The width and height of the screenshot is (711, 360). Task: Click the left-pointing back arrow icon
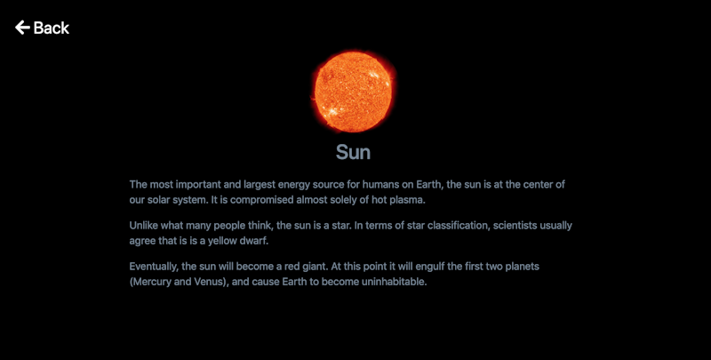[x=22, y=28]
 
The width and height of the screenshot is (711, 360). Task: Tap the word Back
[x=52, y=28]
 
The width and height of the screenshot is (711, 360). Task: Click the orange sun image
[x=353, y=92]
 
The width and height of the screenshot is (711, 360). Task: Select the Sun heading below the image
[x=353, y=152]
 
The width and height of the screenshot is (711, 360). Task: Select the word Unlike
[x=142, y=226]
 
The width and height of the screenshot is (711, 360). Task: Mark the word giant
[x=316, y=267]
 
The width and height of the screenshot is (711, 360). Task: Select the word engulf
[x=430, y=267]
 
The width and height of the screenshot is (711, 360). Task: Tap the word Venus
[x=211, y=282]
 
